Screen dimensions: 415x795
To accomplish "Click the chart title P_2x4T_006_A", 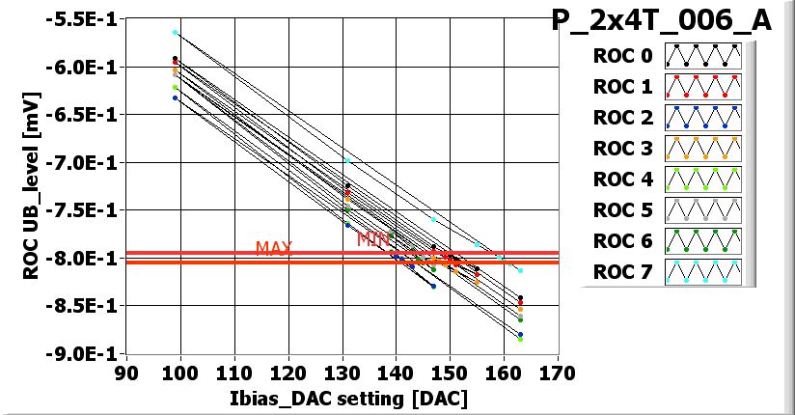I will [x=661, y=21].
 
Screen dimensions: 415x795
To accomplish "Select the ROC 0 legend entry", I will [x=617, y=57].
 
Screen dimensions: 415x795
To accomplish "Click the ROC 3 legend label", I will [x=617, y=150].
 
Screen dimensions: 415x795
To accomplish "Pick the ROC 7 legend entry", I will [x=617, y=272].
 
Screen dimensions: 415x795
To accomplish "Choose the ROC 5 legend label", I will [x=617, y=210].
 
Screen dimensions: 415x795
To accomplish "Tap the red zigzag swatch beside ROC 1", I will [x=701, y=87].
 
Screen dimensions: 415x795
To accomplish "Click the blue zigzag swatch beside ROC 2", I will [x=701, y=118].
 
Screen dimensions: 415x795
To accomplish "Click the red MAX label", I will [x=274, y=248].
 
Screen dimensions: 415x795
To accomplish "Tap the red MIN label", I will [x=372, y=237].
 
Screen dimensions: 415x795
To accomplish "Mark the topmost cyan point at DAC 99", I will [x=175, y=33].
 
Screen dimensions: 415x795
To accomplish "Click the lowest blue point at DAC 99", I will [x=175, y=97].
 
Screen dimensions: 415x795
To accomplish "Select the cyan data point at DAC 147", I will [x=433, y=220].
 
